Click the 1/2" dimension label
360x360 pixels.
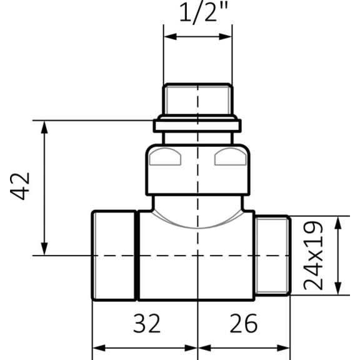pyautogui.click(x=203, y=12)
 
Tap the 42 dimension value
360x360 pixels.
pyautogui.click(x=20, y=186)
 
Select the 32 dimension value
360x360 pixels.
pyautogui.click(x=147, y=324)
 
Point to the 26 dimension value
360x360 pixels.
pyautogui.click(x=244, y=324)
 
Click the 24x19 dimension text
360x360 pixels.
pyautogui.click(x=313, y=256)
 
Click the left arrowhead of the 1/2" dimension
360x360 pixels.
pyautogui.click(x=170, y=36)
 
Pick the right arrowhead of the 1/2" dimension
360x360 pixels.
pyautogui.click(x=226, y=36)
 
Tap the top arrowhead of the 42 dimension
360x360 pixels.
pyautogui.click(x=44, y=127)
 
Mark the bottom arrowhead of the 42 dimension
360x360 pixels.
pyautogui.click(x=44, y=249)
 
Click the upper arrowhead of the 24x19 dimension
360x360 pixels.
pyautogui.click(x=337, y=222)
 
